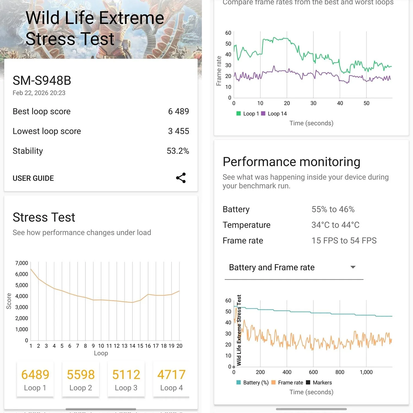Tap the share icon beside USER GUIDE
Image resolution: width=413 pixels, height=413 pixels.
pyautogui.click(x=181, y=178)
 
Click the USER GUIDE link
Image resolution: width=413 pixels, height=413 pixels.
pyautogui.click(x=33, y=178)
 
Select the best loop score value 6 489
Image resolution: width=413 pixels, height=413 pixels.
pyautogui.click(x=178, y=111)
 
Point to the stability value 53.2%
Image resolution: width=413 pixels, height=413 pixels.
pyautogui.click(x=178, y=151)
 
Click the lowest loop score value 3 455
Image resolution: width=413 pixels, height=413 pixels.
pyautogui.click(x=178, y=131)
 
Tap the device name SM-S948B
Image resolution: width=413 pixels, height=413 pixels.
pyautogui.click(x=42, y=81)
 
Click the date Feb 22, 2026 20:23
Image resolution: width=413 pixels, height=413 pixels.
pyautogui.click(x=39, y=93)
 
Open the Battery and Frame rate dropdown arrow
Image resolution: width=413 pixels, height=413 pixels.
pyautogui.click(x=353, y=267)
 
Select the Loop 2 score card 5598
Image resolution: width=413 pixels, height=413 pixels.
pyautogui.click(x=81, y=379)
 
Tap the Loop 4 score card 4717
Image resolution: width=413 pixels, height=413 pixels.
pyautogui.click(x=171, y=379)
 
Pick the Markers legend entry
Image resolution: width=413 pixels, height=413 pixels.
pyautogui.click(x=319, y=382)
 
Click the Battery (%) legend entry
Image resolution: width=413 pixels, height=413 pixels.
pyautogui.click(x=252, y=382)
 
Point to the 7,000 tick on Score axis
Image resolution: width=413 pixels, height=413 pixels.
pyautogui.click(x=22, y=263)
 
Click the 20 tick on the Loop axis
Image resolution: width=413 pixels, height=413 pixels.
pyautogui.click(x=179, y=346)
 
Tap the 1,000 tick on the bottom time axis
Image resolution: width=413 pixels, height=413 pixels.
pyautogui.click(x=366, y=372)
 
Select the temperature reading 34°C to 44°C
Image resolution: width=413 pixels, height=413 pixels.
pyautogui.click(x=335, y=225)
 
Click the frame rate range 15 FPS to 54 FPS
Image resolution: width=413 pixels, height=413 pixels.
pyautogui.click(x=344, y=241)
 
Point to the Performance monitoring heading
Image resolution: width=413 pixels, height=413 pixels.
pyautogui.click(x=291, y=162)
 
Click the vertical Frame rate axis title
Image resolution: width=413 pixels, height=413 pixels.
pyautogui.click(x=219, y=71)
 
